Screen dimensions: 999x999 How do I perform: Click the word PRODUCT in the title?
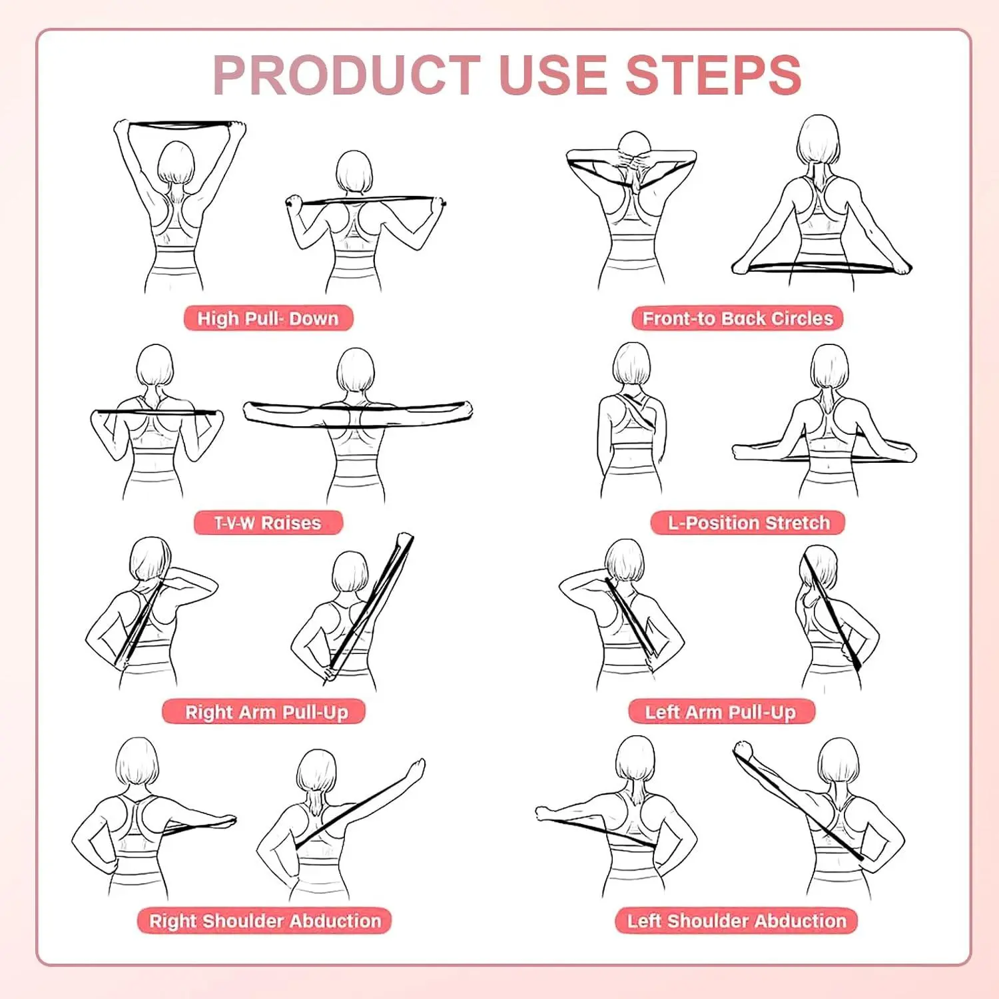point(346,75)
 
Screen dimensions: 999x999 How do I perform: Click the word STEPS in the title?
point(713,75)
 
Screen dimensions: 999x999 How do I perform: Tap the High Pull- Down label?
point(268,318)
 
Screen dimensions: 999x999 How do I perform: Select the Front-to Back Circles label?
point(737,318)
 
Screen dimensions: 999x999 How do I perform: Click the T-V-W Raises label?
point(268,523)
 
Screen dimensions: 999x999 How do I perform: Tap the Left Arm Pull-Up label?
point(721,712)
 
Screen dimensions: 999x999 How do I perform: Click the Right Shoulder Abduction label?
point(265,920)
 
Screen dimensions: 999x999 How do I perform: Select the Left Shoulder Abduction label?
point(737,920)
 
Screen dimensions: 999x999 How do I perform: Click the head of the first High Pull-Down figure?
point(176,162)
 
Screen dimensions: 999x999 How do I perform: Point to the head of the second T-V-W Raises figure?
point(355,370)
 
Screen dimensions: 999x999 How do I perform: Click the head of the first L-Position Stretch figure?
point(631,364)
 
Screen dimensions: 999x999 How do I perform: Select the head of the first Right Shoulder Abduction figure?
point(137,761)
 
